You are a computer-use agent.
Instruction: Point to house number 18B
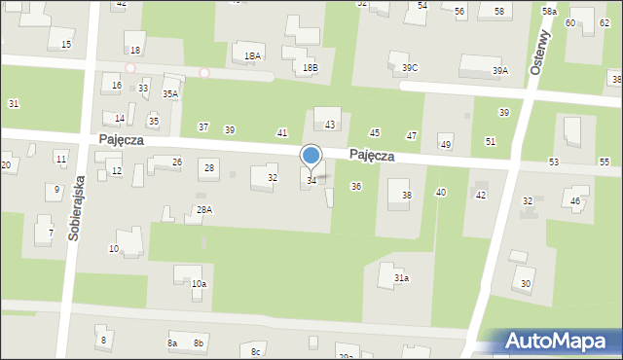310,67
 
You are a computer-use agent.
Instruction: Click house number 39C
410,67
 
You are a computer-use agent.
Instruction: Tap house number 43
330,125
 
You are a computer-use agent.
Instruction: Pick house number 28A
204,209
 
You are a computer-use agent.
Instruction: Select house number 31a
401,278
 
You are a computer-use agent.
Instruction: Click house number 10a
199,283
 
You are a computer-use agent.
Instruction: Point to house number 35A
170,94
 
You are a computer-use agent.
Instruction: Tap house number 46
575,201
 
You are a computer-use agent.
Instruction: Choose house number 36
356,186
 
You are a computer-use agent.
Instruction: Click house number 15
66,45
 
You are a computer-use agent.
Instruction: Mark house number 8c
256,350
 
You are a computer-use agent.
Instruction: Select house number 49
446,145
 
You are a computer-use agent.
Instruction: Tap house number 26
177,162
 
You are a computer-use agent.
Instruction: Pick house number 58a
549,11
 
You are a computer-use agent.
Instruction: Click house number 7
51,233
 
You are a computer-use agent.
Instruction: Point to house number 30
527,284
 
